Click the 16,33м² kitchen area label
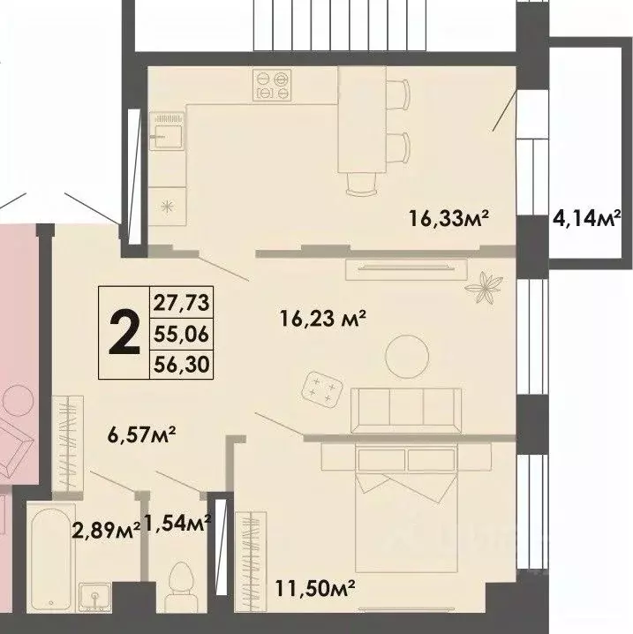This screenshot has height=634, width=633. click(448, 217)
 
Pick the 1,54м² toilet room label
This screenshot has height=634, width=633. click(177, 524)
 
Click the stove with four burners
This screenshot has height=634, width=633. click(272, 83)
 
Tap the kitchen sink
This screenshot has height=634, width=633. click(166, 132)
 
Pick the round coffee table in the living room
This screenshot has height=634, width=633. click(411, 354)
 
